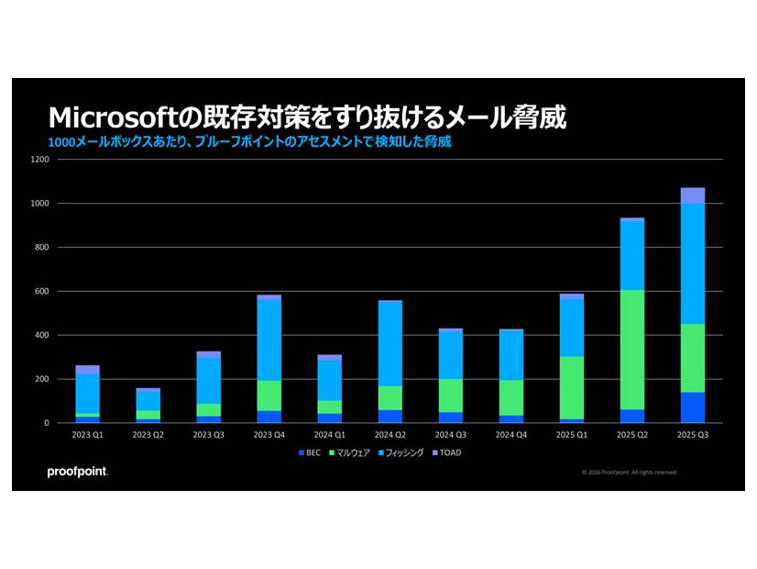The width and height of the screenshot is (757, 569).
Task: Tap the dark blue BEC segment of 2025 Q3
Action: [x=692, y=407]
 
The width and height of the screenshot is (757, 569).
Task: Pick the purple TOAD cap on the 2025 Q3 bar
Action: [x=692, y=195]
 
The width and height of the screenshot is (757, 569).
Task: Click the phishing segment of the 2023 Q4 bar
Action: [x=269, y=340]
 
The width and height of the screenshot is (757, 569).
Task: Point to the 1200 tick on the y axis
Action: [x=39, y=160]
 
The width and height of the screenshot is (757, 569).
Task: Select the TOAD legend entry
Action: [x=448, y=452]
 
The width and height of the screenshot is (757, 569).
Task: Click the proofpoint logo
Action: [x=78, y=473]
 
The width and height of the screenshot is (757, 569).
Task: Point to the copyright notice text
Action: [x=630, y=473]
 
